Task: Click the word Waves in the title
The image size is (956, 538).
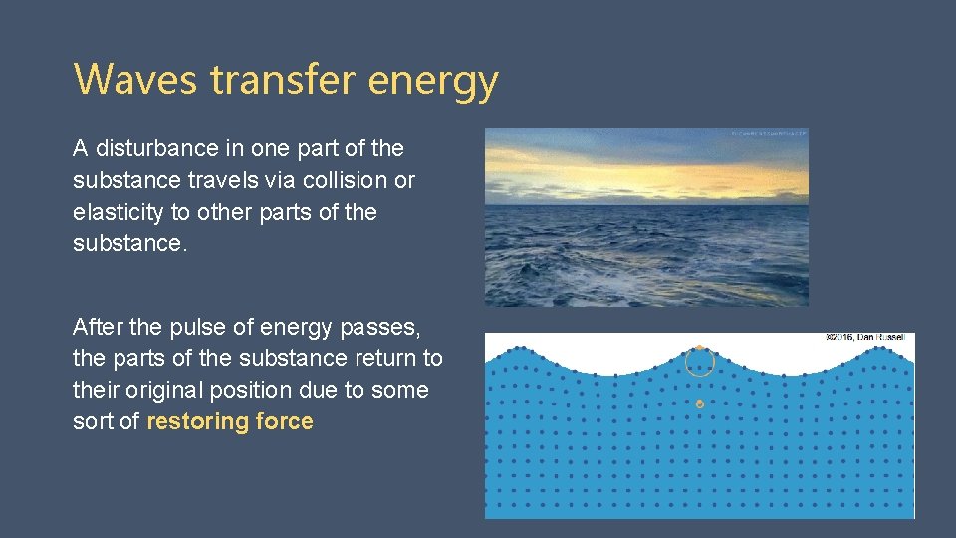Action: click(x=136, y=79)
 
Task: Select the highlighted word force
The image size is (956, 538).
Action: click(x=286, y=422)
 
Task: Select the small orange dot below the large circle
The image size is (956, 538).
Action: click(x=700, y=403)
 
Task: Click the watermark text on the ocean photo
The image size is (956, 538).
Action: click(x=768, y=134)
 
